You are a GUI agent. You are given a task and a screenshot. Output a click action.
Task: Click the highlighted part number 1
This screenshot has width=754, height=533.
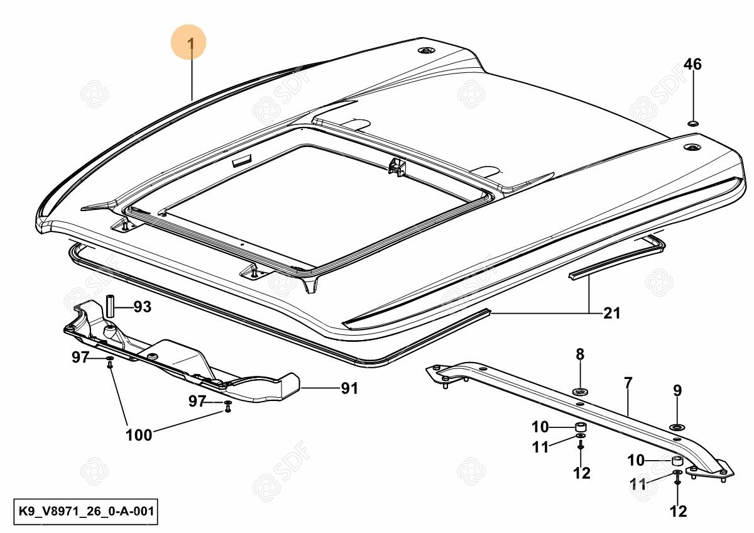coord(190,43)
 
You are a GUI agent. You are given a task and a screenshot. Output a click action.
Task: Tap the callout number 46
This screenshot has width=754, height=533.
coord(692,65)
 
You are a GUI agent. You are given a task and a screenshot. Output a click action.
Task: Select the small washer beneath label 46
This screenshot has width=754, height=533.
coord(692,121)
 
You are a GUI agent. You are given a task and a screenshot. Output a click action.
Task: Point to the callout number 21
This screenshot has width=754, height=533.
coord(611,312)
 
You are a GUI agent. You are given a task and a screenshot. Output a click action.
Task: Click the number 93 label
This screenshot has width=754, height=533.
coord(143,307)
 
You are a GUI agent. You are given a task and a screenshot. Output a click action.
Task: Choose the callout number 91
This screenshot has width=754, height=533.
coord(349,389)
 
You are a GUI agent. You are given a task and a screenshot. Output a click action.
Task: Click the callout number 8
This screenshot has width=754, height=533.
coord(580,354)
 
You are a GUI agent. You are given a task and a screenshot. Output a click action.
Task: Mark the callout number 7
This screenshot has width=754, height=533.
coord(628,382)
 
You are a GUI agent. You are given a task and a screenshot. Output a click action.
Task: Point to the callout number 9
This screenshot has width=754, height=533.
coord(677,390)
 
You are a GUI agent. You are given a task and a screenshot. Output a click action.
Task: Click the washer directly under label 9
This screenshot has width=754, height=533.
coord(677,427)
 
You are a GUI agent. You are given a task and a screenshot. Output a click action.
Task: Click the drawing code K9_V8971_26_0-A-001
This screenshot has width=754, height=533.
coord(85,512)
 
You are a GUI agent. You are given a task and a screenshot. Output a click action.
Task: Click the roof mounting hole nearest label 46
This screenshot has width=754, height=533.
coord(692,148)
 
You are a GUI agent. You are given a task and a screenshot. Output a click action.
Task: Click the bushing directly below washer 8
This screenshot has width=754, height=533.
coord(581,428)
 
